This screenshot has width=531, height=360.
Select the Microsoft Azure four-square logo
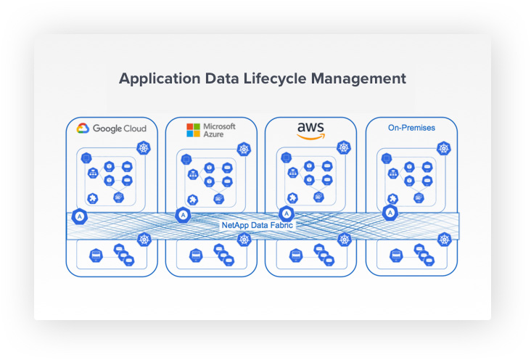193,130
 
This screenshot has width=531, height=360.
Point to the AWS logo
311,130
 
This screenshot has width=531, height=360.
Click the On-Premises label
411,128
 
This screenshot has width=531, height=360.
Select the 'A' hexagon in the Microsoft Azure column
183,215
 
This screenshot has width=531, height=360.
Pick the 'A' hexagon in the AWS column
287,213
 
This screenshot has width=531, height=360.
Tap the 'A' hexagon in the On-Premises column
391,213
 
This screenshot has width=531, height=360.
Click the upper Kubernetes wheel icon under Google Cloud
144,148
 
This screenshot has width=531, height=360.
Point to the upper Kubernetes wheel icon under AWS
344,148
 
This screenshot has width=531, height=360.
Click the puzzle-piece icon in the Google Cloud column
93,198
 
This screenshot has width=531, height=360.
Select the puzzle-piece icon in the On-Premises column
392,197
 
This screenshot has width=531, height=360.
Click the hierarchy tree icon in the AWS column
293,173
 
